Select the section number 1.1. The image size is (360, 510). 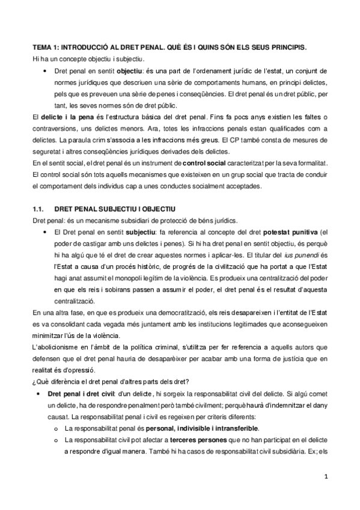pos(38,209)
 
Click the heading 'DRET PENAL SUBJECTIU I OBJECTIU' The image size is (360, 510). pos(114,209)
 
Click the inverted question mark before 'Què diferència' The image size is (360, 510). pos(34,381)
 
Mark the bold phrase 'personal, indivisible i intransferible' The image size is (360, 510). pos(207,428)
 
